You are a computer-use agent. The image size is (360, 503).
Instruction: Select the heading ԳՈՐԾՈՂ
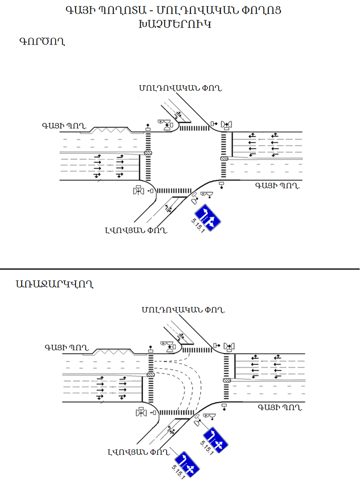coord(40,42)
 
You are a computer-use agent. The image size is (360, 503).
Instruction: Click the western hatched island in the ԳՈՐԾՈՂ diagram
coord(148,153)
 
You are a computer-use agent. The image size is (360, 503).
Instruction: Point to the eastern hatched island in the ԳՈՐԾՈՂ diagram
coord(225,158)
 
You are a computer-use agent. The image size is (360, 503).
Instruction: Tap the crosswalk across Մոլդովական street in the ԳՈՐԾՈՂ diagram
coord(194,129)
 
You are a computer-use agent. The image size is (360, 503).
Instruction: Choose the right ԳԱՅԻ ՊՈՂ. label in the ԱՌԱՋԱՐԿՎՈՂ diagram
coord(279,407)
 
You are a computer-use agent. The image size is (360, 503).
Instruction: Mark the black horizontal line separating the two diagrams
coord(180,269)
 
